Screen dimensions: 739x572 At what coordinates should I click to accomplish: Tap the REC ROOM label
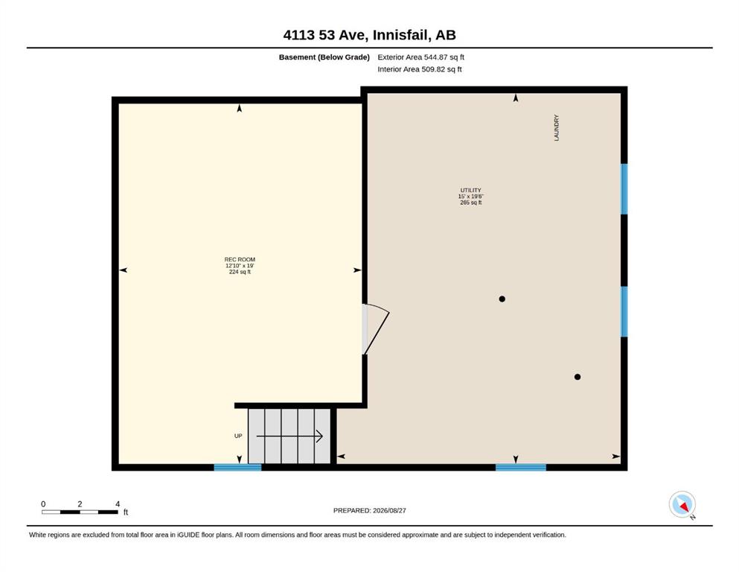coord(240,259)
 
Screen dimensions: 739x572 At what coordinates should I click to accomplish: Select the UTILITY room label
coord(471,190)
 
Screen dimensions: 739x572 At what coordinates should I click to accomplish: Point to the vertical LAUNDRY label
coord(556,127)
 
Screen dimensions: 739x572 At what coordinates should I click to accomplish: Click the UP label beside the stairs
coord(238,436)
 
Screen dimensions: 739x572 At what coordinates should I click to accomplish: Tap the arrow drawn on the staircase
coord(289,436)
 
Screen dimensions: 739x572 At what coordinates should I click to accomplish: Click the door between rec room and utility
coord(376,329)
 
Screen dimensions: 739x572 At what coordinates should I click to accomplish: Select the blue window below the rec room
coord(237,467)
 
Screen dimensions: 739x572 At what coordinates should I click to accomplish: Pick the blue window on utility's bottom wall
coord(521,467)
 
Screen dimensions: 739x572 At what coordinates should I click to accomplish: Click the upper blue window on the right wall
coord(624,189)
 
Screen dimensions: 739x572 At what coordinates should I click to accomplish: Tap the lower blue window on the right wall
coord(624,312)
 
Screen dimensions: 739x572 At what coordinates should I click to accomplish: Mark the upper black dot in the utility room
coord(502,299)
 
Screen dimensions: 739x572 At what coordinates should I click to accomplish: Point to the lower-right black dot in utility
coord(578,377)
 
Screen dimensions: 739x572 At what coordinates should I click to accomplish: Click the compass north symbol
coord(682,505)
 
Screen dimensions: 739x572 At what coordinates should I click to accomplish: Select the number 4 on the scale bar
coord(118,503)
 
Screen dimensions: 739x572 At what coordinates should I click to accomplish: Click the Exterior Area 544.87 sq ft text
coord(421,57)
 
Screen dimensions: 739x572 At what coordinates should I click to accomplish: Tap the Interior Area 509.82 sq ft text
coord(420,69)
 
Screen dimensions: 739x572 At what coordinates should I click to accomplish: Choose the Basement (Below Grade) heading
coord(324,57)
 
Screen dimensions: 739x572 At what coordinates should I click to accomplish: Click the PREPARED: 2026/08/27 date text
coord(369,510)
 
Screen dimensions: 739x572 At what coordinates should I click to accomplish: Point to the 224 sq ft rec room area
coord(240,272)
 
